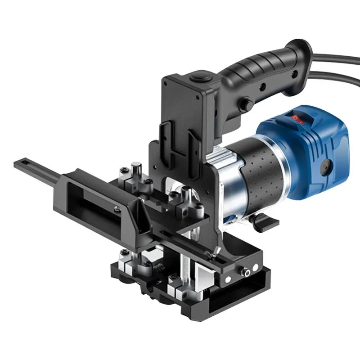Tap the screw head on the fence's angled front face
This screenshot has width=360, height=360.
[117, 207]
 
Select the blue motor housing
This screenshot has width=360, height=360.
[310, 148]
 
